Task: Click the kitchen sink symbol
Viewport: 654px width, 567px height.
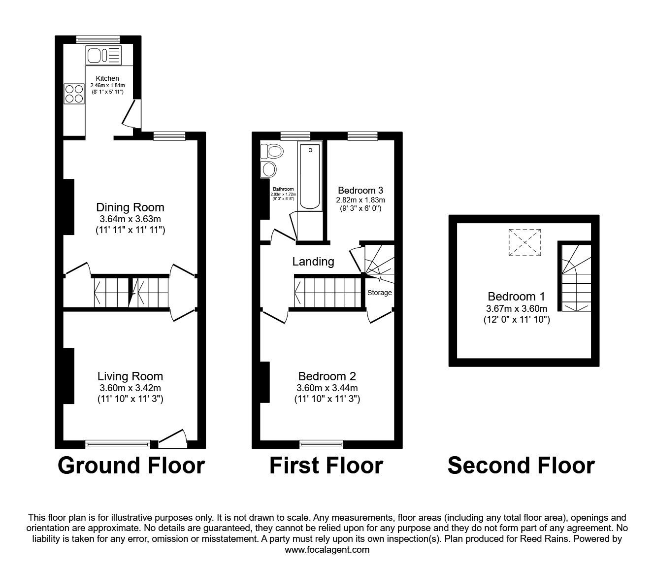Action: (103, 55)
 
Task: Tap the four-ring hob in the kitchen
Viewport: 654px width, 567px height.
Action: (74, 94)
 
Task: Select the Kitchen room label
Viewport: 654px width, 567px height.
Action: (107, 78)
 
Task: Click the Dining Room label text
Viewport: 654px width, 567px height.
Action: (130, 207)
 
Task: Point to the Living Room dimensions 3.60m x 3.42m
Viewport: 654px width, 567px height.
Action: (130, 388)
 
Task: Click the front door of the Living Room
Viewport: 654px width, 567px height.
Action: (173, 438)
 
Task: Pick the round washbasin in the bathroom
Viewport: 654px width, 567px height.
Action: (269, 169)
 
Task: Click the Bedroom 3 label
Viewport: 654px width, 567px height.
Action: (360, 190)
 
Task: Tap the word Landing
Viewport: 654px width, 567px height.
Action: (313, 262)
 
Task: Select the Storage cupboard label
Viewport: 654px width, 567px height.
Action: (380, 293)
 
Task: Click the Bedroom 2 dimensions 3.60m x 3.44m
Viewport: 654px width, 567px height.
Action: (327, 388)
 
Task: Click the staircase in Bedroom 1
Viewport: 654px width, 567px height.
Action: (575, 278)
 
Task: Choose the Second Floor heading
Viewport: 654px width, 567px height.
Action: (521, 466)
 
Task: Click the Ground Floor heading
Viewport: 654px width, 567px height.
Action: (131, 466)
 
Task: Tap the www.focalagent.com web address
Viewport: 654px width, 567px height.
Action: (327, 550)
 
